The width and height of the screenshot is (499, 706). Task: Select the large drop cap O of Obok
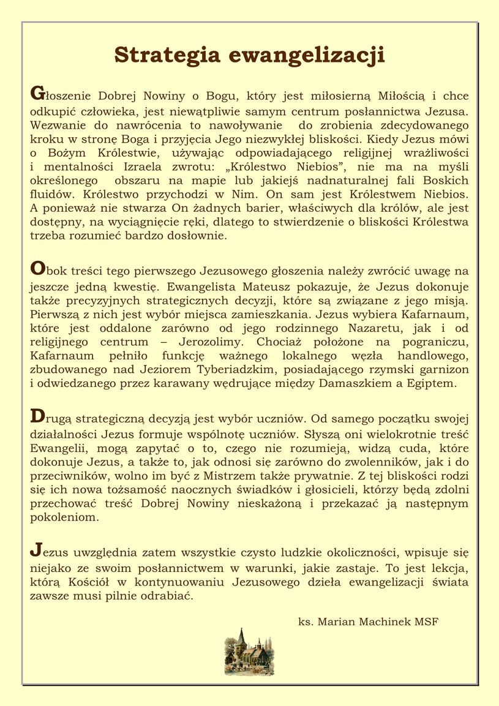coord(37,268)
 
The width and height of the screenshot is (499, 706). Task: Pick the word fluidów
coord(53,194)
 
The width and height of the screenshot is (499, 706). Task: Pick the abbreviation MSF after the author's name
coord(427,622)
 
